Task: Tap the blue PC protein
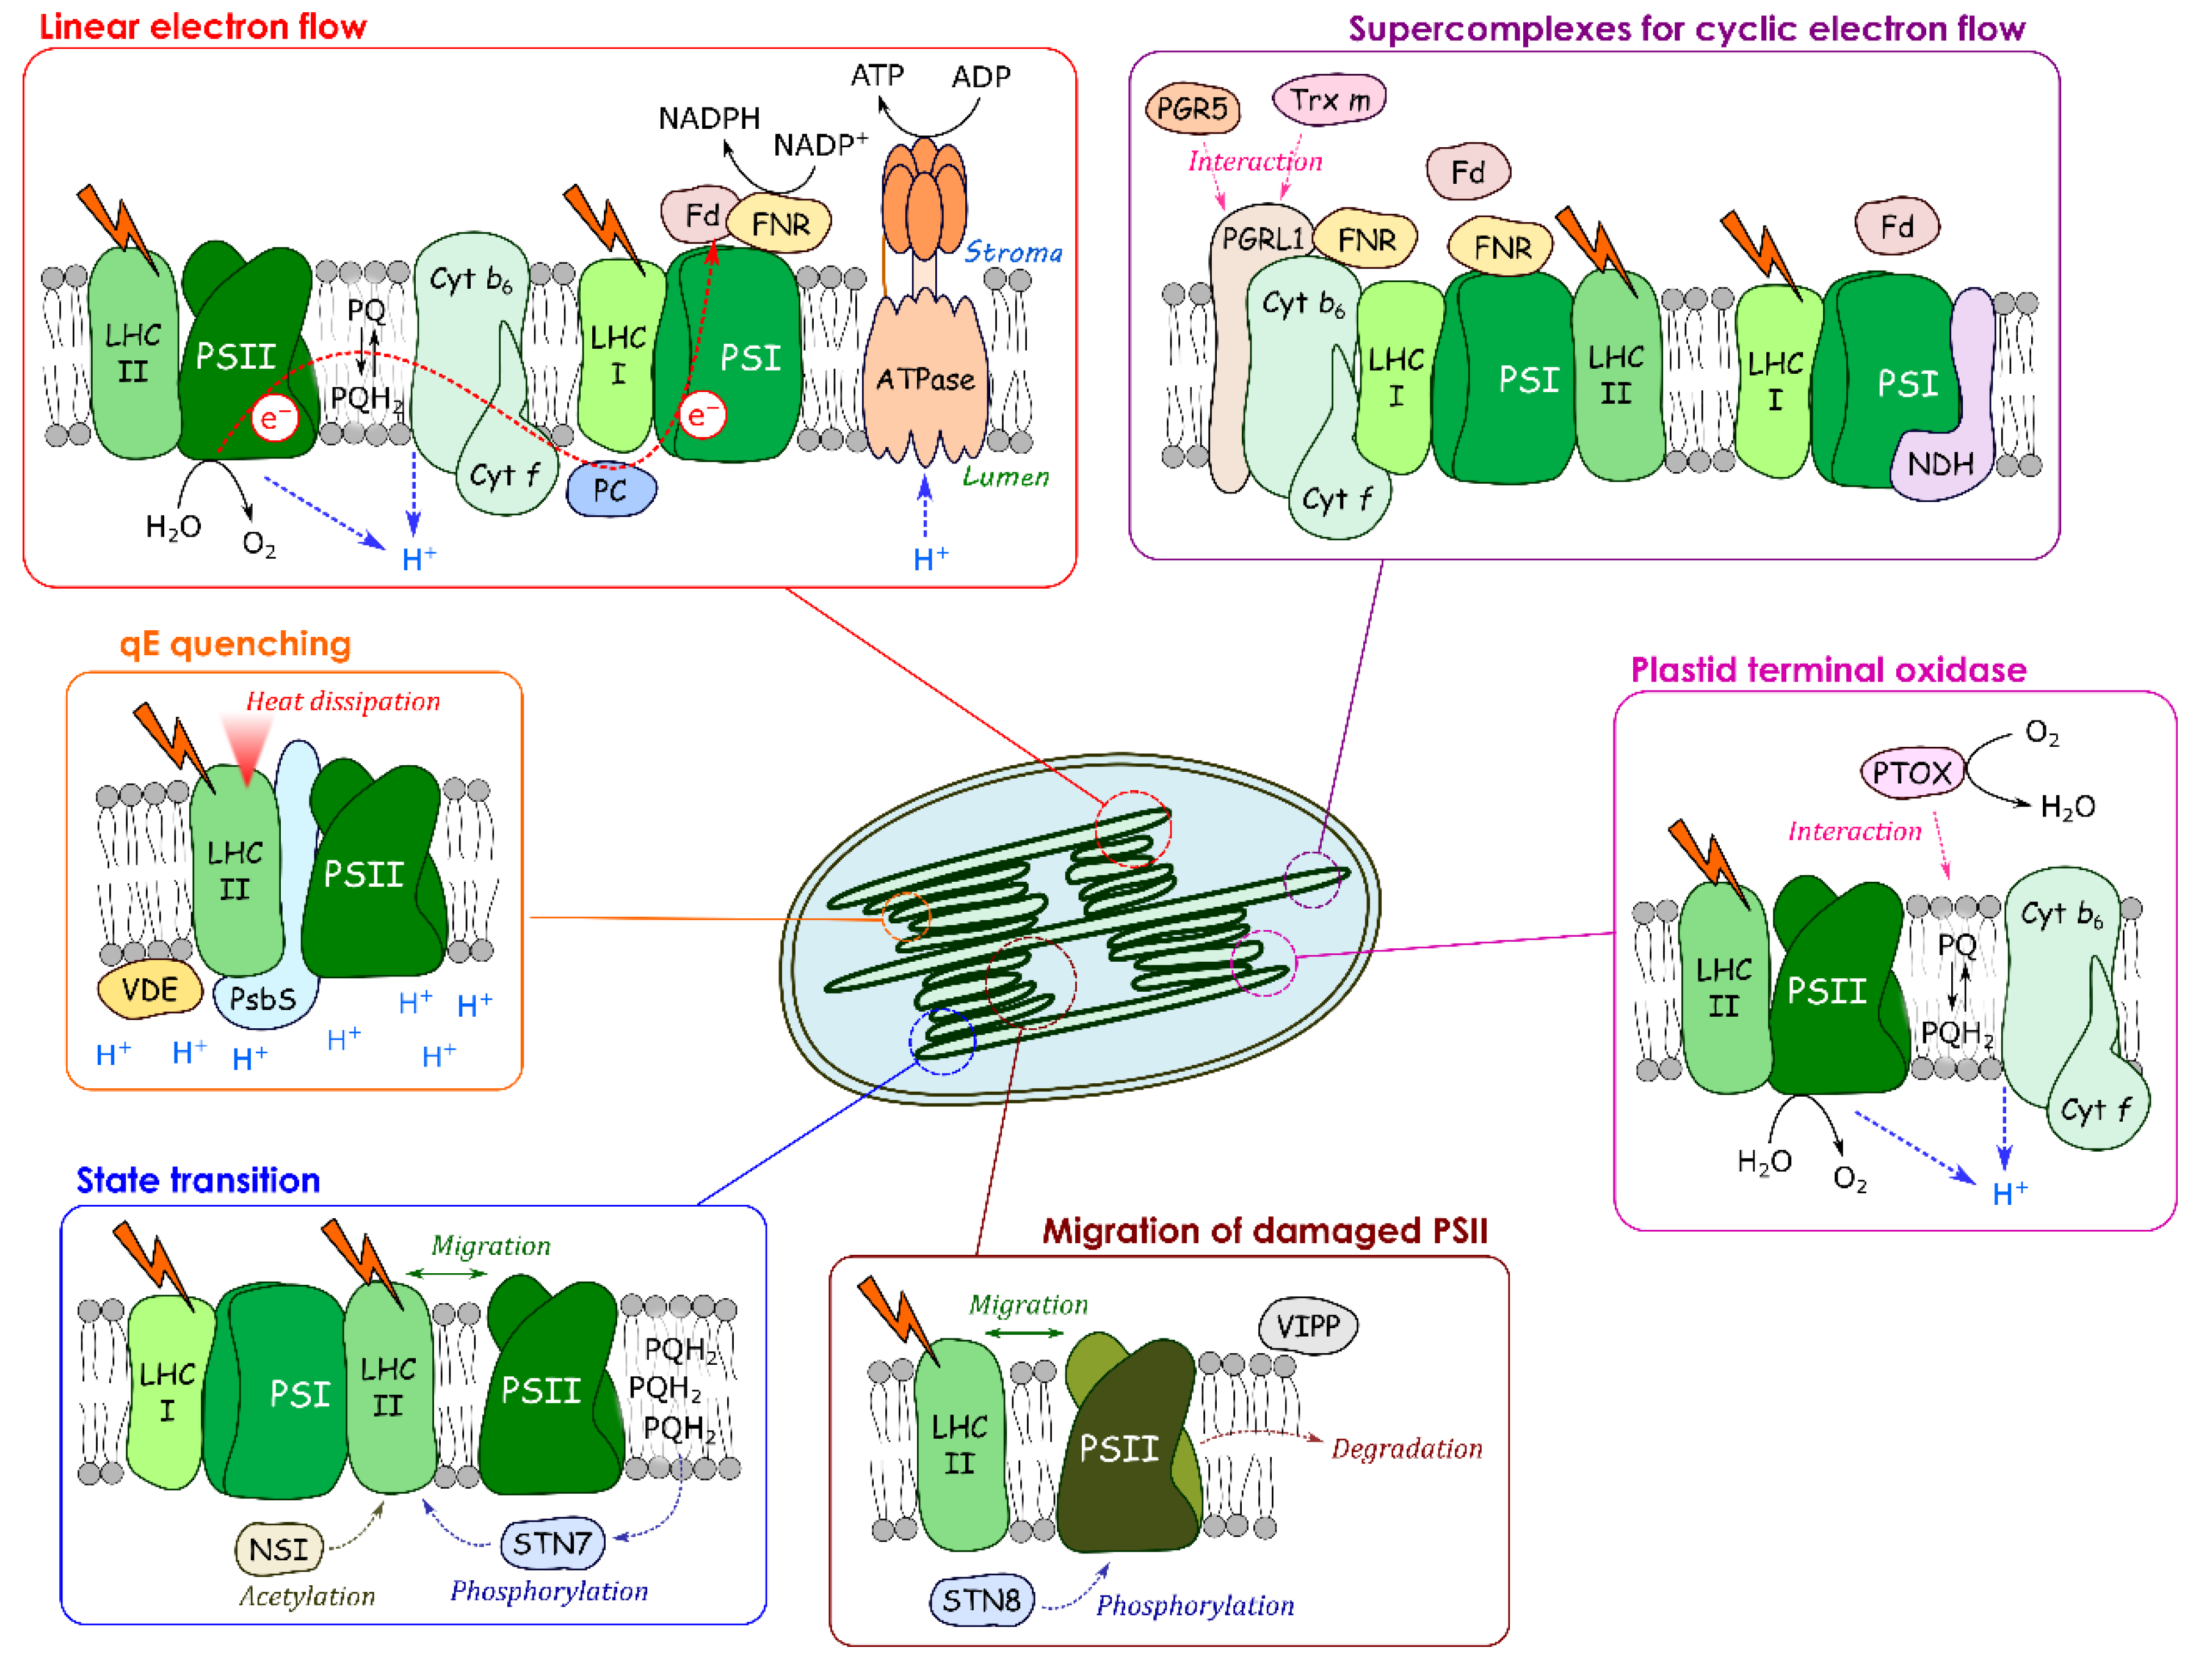click(611, 490)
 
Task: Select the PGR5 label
click(1192, 108)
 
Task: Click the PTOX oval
click(1910, 772)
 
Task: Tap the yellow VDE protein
click(150, 990)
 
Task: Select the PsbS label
click(263, 998)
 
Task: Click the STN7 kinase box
click(551, 1543)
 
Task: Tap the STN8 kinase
click(981, 1600)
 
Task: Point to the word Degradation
click(1407, 1449)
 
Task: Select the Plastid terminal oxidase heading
click(1828, 670)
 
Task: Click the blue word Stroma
click(1013, 253)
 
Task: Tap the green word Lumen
click(1006, 477)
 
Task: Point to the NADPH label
click(709, 119)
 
